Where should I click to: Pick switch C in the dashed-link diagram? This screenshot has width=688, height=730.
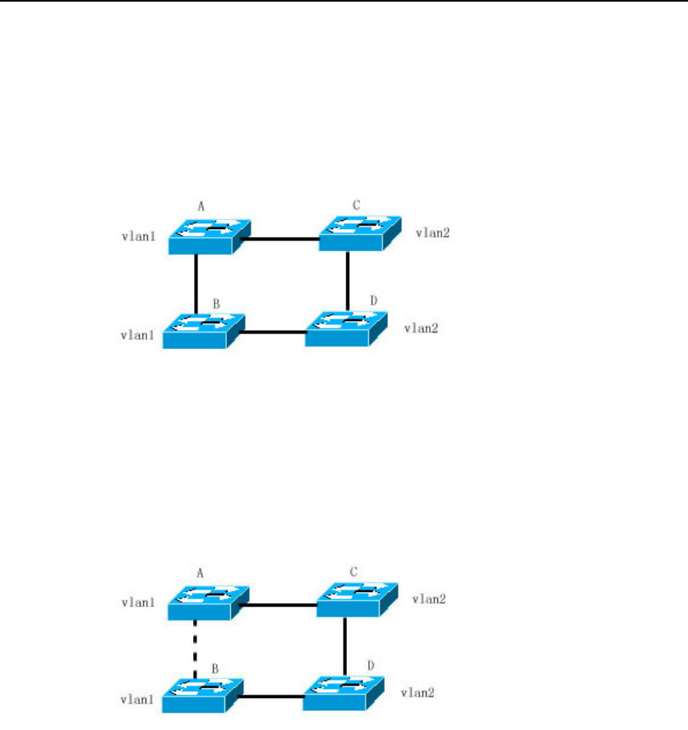pos(357,599)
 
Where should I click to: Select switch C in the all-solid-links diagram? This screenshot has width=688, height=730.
pos(358,232)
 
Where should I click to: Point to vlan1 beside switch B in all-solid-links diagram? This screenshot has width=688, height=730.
pos(135,335)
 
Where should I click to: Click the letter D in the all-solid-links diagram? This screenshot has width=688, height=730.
pos(374,301)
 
